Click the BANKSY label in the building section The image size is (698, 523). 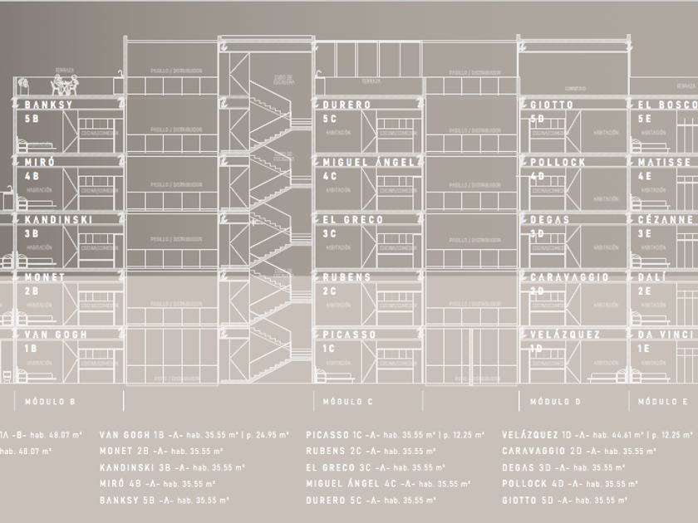click(x=49, y=105)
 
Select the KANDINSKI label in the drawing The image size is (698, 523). click(x=58, y=220)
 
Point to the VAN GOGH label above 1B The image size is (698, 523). click(x=56, y=335)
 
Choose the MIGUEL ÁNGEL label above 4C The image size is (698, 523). click(x=368, y=163)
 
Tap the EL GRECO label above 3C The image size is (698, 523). click(x=353, y=220)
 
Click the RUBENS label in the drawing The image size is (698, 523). click(x=347, y=277)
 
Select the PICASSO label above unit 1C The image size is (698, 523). click(x=350, y=335)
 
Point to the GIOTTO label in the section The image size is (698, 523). click(x=552, y=105)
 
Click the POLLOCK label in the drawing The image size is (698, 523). click(x=558, y=163)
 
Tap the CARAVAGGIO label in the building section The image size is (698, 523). click(x=569, y=277)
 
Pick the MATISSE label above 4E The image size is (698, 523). click(x=664, y=163)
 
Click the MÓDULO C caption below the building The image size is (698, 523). click(x=348, y=402)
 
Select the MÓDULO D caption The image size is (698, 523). click(x=555, y=402)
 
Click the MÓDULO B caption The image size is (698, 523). click(x=50, y=402)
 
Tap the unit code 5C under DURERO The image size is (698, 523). click(x=330, y=119)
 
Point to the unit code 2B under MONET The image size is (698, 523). click(x=31, y=291)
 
